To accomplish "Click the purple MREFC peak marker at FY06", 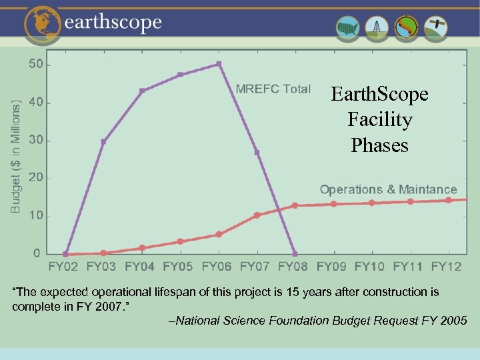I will click(x=219, y=64).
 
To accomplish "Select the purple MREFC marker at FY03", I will click(x=103, y=141).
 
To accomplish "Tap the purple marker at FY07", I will click(x=257, y=153).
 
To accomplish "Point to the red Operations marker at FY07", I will click(x=257, y=215).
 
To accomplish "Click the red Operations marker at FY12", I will click(x=448, y=200).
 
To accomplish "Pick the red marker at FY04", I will click(x=142, y=248).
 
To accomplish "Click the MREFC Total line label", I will click(x=273, y=89).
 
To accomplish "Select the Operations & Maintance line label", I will click(x=388, y=190).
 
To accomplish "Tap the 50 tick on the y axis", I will click(x=35, y=65).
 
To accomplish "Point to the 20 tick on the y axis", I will click(x=35, y=178).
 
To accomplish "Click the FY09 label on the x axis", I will click(x=331, y=267).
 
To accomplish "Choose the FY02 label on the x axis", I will click(x=64, y=267).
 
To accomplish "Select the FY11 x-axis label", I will click(x=408, y=267).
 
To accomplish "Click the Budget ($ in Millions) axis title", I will click(x=16, y=157).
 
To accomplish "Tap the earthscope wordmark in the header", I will click(x=113, y=23).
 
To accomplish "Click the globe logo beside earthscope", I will click(x=44, y=24).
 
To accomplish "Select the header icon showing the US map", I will click(x=348, y=28).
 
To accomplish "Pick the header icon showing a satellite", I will click(x=436, y=28).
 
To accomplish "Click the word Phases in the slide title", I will click(x=379, y=145).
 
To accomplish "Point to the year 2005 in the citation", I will click(x=453, y=321).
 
